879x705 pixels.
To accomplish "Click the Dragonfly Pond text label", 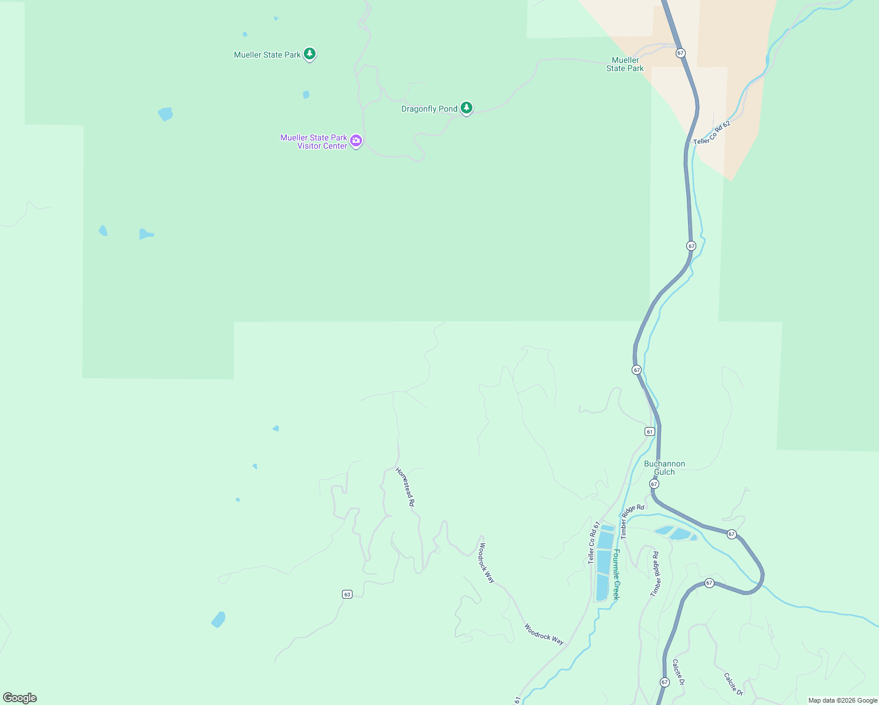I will pos(429,109).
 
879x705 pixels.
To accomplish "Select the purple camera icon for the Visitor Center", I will pos(356,141).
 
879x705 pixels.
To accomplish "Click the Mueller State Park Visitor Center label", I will pos(314,142).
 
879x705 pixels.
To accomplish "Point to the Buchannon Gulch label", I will pos(665,468).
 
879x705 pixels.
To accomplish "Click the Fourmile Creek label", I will pos(616,575).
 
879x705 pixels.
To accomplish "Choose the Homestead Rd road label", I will pos(405,487).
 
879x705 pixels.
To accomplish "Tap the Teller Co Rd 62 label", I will pos(712,133).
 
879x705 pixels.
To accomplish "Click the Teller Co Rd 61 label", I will pos(594,543).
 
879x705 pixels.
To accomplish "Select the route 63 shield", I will pos(347,595).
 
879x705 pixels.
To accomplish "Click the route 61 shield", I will pos(649,431).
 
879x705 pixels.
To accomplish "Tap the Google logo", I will pos(20,698).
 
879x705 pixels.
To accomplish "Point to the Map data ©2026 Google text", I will pos(843,700).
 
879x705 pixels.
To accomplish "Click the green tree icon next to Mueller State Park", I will pos(310,54).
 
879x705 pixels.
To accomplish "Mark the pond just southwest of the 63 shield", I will pos(218,619).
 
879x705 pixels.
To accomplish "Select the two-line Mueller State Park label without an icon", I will pos(625,64).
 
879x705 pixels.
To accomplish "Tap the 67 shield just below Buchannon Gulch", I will pos(654,484).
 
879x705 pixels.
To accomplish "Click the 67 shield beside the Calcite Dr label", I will pos(665,682).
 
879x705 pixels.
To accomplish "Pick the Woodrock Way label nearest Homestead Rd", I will pos(487,562).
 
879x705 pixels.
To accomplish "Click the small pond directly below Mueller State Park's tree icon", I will pos(306,95).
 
